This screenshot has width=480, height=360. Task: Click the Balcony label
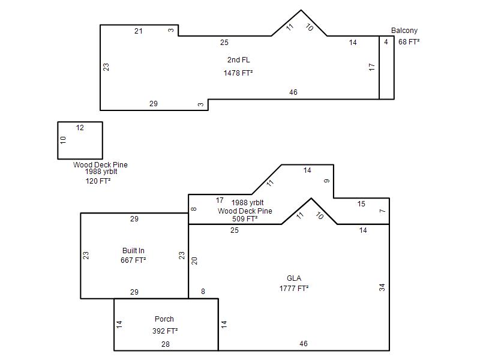point(404,31)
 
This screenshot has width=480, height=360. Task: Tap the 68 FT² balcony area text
point(409,41)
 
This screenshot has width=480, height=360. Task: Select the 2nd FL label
point(238,59)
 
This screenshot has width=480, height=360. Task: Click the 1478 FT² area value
point(238,73)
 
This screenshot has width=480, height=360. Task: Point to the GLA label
point(294,278)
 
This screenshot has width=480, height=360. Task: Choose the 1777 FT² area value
point(294,289)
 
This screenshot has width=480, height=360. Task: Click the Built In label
point(133,251)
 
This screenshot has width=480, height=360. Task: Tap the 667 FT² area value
point(133,260)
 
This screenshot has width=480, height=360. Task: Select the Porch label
point(164,319)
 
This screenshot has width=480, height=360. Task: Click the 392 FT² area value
point(165,331)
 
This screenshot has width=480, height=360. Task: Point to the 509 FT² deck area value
point(245,219)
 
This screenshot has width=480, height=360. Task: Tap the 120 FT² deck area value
point(98,181)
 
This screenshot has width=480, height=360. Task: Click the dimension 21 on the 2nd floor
point(139,31)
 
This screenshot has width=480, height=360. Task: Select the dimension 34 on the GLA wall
point(382,287)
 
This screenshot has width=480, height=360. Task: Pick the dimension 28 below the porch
point(166,344)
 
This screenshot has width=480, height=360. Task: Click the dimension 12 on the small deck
point(80,128)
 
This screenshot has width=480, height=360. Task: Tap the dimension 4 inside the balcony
point(386,41)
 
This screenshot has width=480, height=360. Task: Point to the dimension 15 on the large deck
point(361,204)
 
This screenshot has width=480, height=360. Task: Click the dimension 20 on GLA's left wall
point(194,261)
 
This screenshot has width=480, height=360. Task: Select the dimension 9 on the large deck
point(327,181)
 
